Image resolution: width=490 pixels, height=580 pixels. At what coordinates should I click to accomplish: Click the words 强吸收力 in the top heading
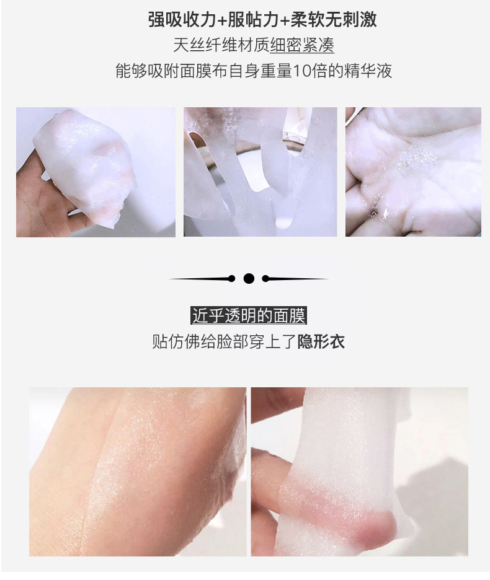point(182,20)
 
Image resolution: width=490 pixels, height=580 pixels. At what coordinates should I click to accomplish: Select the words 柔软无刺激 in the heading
point(334,20)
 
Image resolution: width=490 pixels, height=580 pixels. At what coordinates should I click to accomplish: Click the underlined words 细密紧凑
point(302,45)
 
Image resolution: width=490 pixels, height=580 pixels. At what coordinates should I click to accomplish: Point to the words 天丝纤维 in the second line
point(205,45)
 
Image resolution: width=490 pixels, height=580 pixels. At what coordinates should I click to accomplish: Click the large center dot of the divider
point(249,278)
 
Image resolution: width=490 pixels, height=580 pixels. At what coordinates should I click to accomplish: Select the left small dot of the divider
point(232,278)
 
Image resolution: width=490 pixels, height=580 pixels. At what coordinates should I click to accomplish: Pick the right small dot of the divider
point(265,278)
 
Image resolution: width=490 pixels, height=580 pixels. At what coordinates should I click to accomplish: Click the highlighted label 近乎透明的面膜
point(249,316)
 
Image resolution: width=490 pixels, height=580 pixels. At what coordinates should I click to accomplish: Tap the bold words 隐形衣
point(321,341)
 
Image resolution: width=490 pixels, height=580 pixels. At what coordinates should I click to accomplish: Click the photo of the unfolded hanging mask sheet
point(261,172)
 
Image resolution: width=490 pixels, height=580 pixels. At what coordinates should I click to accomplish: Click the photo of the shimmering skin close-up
point(138,472)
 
